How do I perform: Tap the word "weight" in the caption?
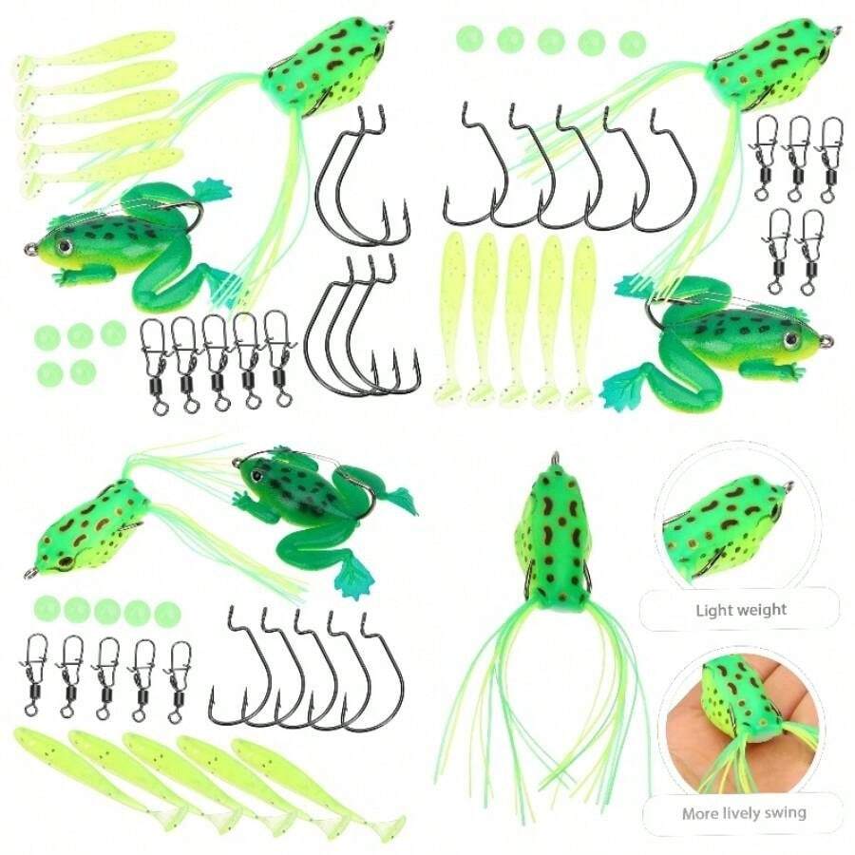click(x=763, y=609)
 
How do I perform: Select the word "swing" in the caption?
click(x=784, y=813)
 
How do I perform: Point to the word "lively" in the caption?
click(x=739, y=813)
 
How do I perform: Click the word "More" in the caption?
click(x=699, y=813)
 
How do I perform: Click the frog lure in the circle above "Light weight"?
click(x=722, y=518)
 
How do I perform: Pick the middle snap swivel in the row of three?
click(x=798, y=157)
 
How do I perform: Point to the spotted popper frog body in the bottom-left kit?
click(x=85, y=527)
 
